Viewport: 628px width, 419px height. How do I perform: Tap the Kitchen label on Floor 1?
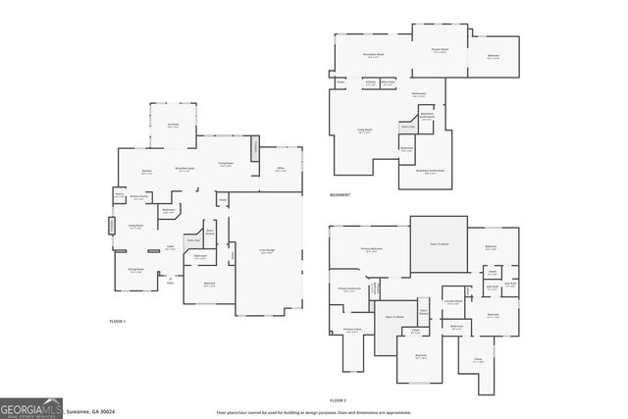tap(146, 171)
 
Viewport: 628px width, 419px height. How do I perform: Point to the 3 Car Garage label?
tap(266, 251)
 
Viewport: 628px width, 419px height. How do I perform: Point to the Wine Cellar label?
tap(389, 82)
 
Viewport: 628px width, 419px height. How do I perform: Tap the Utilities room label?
tap(371, 82)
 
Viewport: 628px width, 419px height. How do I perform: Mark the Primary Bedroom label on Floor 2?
tap(372, 250)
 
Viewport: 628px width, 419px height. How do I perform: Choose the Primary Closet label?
tap(351, 331)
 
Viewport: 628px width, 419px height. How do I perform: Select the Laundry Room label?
tap(452, 302)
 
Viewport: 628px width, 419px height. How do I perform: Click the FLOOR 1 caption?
tap(118, 321)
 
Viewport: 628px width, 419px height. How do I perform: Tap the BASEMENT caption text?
tap(340, 194)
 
